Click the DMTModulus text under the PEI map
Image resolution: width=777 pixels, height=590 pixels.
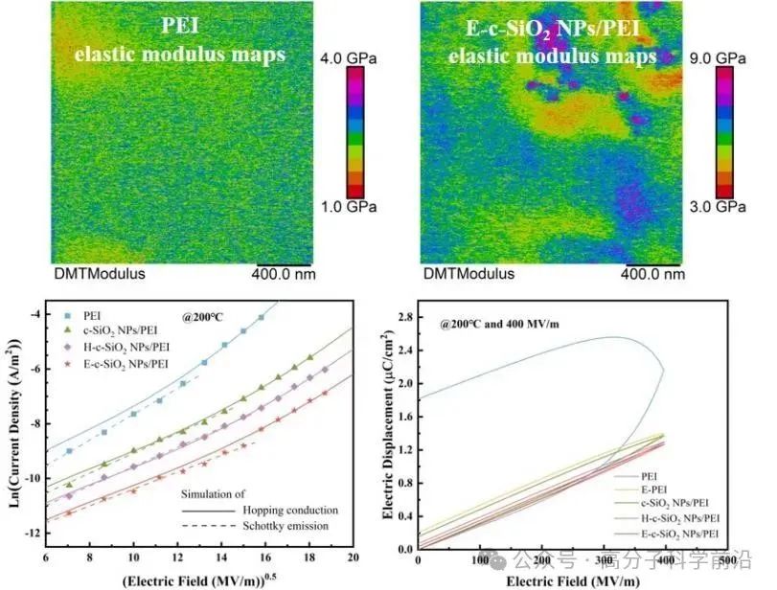[x=100, y=273]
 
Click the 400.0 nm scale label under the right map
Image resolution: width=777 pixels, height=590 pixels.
[x=654, y=273]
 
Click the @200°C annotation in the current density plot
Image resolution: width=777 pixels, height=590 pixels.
[x=205, y=313]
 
